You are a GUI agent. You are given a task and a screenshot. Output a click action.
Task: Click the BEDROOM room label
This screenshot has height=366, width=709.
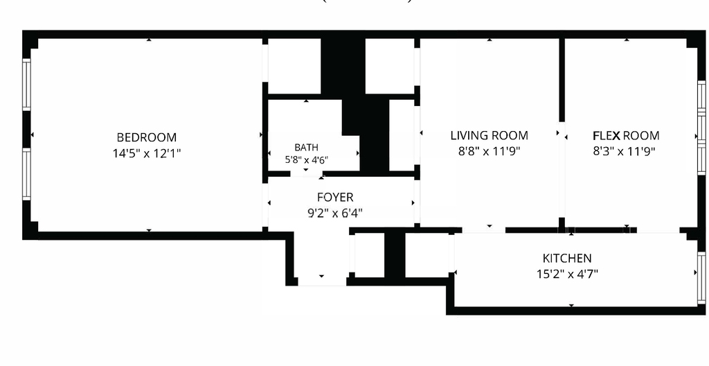pyautogui.click(x=147, y=137)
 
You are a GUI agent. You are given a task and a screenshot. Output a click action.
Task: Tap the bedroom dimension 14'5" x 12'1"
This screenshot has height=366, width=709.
pyautogui.click(x=147, y=154)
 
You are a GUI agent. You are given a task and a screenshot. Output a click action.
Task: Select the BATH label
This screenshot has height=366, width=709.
pyautogui.click(x=306, y=147)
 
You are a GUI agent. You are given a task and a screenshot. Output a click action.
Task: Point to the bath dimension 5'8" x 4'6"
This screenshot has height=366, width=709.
pyautogui.click(x=306, y=159)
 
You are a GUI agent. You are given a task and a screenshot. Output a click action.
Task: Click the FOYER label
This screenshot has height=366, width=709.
pyautogui.click(x=335, y=198)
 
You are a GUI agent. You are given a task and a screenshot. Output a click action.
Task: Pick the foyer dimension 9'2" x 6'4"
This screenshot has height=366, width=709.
pyautogui.click(x=335, y=213)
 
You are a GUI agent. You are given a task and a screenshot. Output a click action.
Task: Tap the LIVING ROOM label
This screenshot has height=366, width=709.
pyautogui.click(x=490, y=135)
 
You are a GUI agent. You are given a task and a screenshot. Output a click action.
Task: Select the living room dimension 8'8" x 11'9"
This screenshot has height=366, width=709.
pyautogui.click(x=490, y=151)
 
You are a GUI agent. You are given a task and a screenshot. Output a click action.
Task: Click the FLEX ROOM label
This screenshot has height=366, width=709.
pyautogui.click(x=626, y=135)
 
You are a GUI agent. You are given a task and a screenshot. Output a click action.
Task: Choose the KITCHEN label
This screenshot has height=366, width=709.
pyautogui.click(x=567, y=258)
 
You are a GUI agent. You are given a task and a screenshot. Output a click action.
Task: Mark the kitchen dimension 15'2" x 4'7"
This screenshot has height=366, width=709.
pyautogui.click(x=567, y=274)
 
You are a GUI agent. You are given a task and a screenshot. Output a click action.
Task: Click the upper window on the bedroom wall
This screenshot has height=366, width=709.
pyautogui.click(x=27, y=85)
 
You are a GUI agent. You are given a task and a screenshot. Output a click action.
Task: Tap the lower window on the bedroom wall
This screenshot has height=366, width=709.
pyautogui.click(x=27, y=175)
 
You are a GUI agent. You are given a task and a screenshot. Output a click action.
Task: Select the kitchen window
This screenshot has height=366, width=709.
pyautogui.click(x=701, y=278)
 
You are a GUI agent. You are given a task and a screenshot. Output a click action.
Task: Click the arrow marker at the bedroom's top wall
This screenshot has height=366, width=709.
pyautogui.click(x=149, y=40)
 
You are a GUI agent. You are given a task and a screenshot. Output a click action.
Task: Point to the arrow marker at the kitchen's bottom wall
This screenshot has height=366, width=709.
pyautogui.click(x=571, y=306)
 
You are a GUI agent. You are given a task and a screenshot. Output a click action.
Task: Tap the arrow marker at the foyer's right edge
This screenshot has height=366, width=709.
pyautogui.click(x=413, y=203)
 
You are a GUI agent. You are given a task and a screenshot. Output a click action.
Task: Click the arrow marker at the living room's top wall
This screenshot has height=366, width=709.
pyautogui.click(x=490, y=40)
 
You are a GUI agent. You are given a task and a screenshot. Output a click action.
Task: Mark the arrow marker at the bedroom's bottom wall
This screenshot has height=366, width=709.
pyautogui.click(x=149, y=231)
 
